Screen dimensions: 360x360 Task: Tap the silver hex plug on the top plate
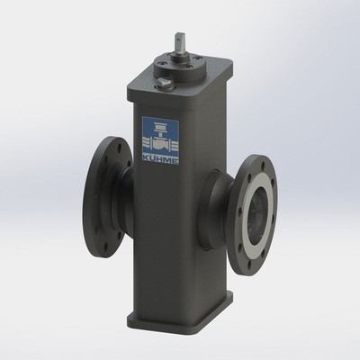[164, 82]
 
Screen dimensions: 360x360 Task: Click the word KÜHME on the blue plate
[160, 160]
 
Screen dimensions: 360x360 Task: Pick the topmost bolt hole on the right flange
[263, 166]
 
